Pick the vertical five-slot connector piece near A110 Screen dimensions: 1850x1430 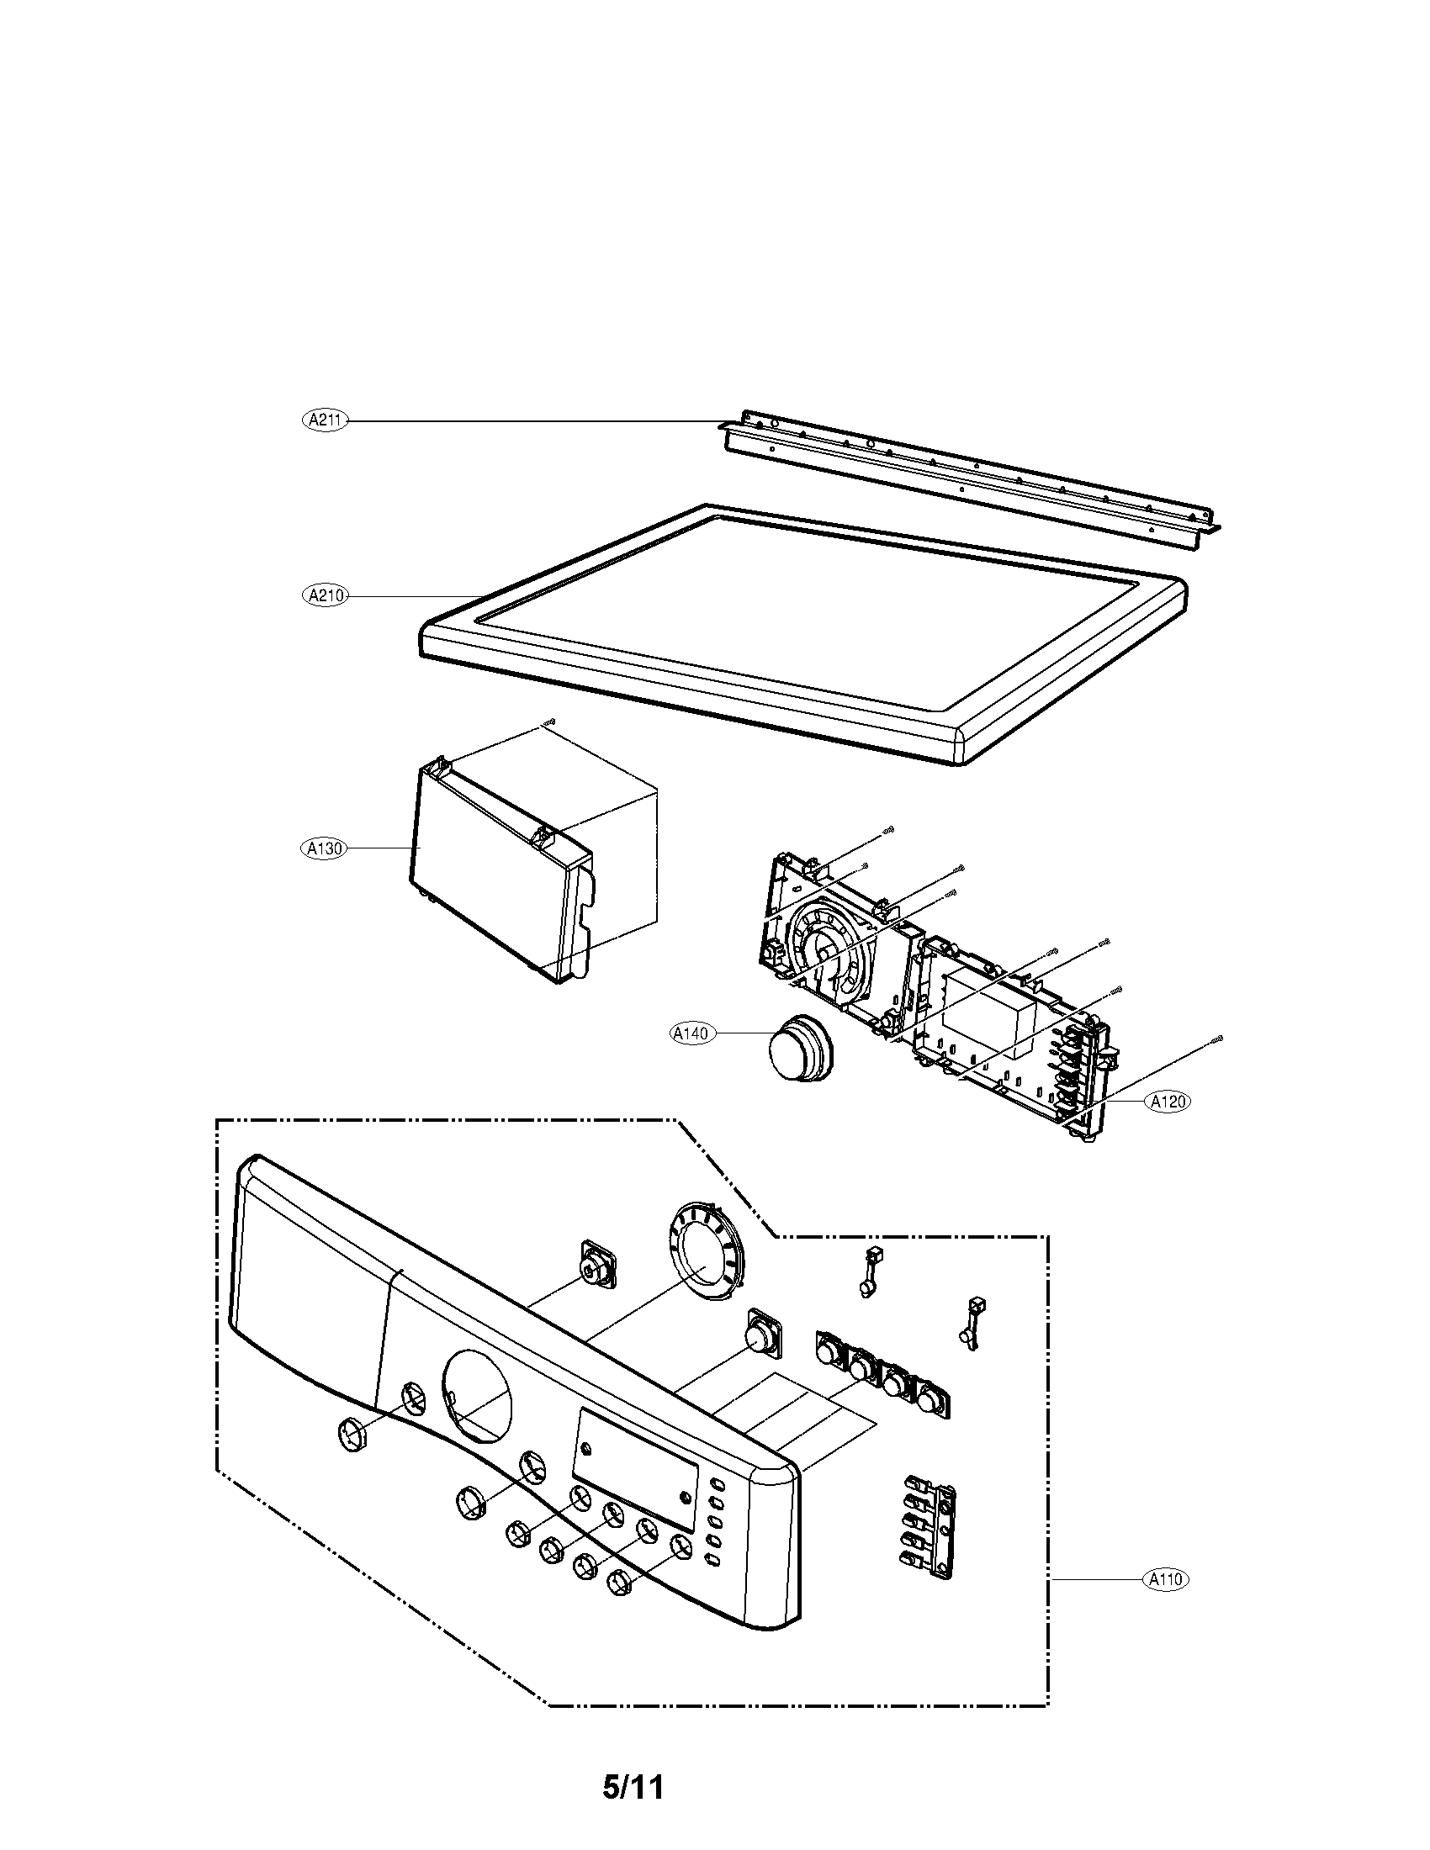tap(929, 1525)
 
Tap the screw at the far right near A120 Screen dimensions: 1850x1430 tap(1218, 1039)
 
